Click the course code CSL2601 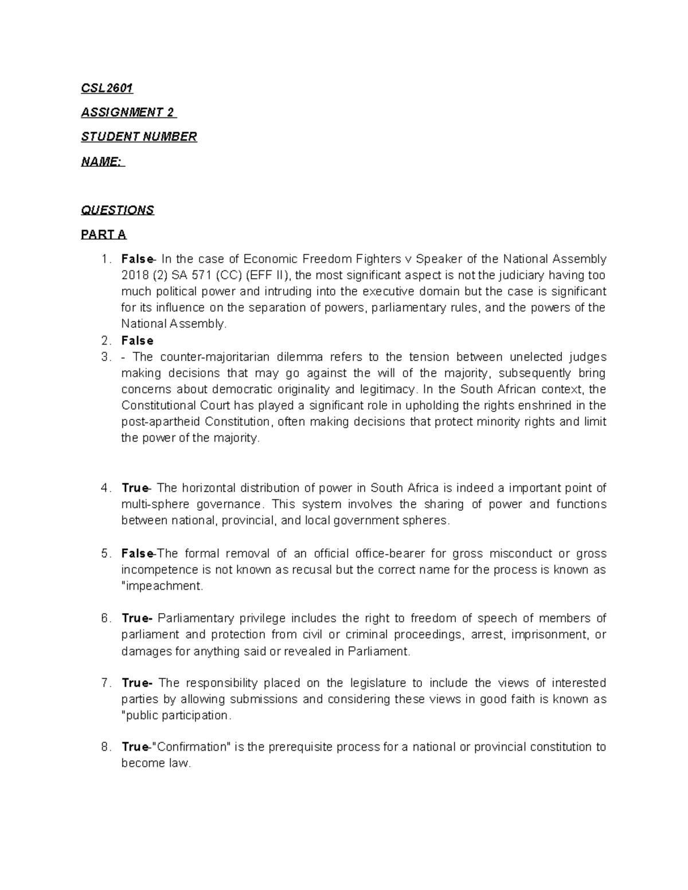[107, 88]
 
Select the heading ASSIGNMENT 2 [128, 112]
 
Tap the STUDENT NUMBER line [139, 136]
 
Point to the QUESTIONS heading [118, 210]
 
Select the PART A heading [103, 234]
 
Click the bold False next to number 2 [137, 341]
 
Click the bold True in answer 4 [135, 488]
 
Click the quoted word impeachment [163, 586]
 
